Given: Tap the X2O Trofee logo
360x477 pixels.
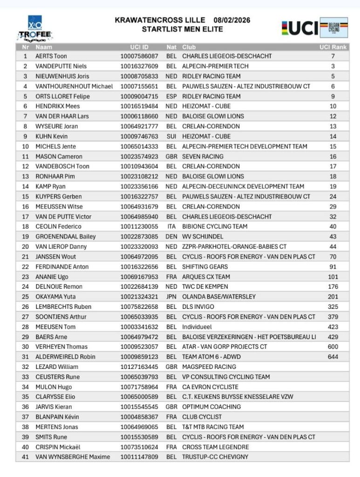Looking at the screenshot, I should [x=35, y=29].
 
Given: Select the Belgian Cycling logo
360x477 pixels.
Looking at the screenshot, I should [x=334, y=28].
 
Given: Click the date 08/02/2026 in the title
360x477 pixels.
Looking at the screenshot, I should [x=232, y=20].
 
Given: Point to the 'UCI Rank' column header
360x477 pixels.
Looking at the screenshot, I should [x=333, y=47].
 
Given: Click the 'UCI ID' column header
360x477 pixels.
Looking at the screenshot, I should [x=139, y=47].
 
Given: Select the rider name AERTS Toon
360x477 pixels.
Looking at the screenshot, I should [x=51, y=56].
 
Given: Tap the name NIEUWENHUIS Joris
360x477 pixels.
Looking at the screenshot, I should [x=62, y=76].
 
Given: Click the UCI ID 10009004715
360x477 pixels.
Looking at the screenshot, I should [x=139, y=96].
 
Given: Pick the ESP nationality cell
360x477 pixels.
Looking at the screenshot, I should [x=171, y=96].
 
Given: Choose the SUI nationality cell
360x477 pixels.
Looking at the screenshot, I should [x=171, y=136].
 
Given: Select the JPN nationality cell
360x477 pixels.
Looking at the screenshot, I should [x=171, y=297].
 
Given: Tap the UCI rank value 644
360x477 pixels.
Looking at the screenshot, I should [x=333, y=357].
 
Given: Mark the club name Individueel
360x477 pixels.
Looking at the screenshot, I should [x=197, y=327].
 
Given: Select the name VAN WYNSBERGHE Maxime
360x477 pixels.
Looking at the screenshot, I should [x=73, y=457].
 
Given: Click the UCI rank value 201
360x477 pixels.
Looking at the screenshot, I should [x=333, y=297].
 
